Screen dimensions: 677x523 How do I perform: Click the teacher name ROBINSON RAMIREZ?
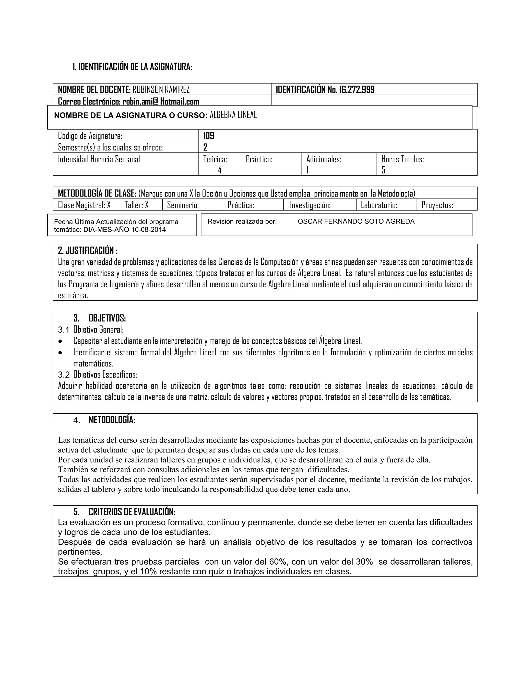(161, 90)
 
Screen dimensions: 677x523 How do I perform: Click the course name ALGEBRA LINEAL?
(233, 115)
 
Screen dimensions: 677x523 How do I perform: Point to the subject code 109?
(209, 136)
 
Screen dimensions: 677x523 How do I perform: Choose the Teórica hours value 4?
(220, 170)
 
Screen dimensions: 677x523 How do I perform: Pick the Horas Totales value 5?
(383, 170)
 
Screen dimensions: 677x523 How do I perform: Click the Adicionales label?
(324, 159)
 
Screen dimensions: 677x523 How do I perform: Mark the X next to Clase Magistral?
(109, 205)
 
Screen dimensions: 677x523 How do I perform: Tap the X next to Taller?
(147, 205)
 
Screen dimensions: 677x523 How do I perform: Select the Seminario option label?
(183, 205)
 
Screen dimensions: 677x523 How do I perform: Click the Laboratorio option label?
(379, 205)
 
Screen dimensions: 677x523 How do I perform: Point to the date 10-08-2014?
(148, 230)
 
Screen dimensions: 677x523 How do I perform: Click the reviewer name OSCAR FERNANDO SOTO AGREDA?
(356, 221)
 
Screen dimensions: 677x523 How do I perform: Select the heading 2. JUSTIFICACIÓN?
(88, 250)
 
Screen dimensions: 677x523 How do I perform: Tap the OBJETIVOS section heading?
(107, 318)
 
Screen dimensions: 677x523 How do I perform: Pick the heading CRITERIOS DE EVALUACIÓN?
(132, 511)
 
